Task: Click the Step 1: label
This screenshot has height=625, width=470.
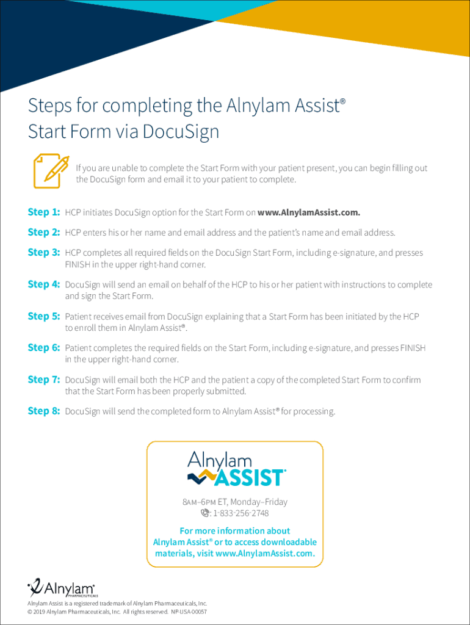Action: pos(44,212)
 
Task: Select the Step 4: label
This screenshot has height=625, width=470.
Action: pos(44,284)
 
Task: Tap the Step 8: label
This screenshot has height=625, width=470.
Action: pos(44,411)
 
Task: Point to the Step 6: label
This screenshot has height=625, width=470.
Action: pos(44,347)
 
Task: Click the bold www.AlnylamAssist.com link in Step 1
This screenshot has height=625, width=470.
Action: pos(308,212)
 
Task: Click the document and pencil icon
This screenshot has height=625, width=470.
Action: pos(51,171)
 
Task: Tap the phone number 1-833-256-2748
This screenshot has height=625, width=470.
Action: pos(240,513)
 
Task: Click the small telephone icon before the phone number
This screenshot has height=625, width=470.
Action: pos(205,513)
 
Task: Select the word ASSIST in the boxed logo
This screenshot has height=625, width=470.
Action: pos(250,477)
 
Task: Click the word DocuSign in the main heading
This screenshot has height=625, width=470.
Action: pos(181,132)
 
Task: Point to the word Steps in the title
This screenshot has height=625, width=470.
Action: pos(50,106)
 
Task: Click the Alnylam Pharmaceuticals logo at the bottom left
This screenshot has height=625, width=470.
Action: pos(62,588)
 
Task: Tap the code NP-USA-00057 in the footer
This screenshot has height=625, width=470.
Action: pos(189,612)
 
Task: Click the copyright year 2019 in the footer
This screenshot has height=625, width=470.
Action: pos(38,612)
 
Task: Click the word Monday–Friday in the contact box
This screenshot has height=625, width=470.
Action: pos(259,502)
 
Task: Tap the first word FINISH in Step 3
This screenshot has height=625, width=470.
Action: pos(78,264)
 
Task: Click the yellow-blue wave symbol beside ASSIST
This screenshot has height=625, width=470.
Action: pos(202,476)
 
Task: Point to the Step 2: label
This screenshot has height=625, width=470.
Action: pos(44,232)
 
